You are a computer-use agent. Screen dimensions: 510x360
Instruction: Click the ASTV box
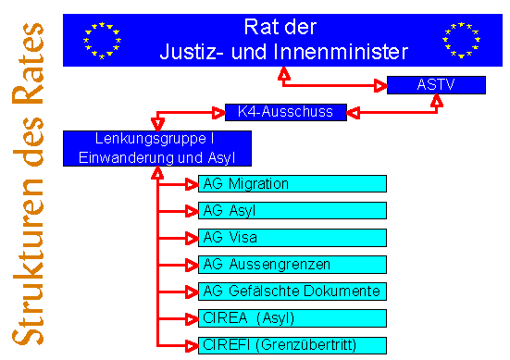coord(436,85)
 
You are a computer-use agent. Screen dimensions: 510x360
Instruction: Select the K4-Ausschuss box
coord(286,112)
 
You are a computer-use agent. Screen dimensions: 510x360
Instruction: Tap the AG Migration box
coord(292,184)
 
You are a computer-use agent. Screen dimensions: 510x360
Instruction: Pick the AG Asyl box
coord(292,210)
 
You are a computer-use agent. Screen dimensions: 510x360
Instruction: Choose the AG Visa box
coord(292,238)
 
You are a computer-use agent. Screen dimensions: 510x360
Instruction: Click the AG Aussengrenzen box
coord(292,265)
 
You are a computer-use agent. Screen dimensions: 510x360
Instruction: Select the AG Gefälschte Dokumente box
coord(292,292)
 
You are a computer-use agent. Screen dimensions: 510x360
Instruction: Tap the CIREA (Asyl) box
coord(292,318)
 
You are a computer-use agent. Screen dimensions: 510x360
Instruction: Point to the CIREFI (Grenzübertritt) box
coord(292,345)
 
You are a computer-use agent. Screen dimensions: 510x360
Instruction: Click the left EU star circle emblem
coord(102,41)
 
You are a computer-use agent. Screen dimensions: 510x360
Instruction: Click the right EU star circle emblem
coord(462,40)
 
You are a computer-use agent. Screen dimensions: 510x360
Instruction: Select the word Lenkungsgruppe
coord(151,139)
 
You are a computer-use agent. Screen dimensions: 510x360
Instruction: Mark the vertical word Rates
coord(28,64)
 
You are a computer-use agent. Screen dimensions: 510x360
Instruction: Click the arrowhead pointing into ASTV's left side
coord(380,86)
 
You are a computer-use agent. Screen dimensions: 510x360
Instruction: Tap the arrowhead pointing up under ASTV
coord(437,100)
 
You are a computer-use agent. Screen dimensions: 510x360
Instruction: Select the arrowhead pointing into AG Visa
coord(192,239)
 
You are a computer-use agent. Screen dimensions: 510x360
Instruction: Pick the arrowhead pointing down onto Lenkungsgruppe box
coord(157,125)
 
